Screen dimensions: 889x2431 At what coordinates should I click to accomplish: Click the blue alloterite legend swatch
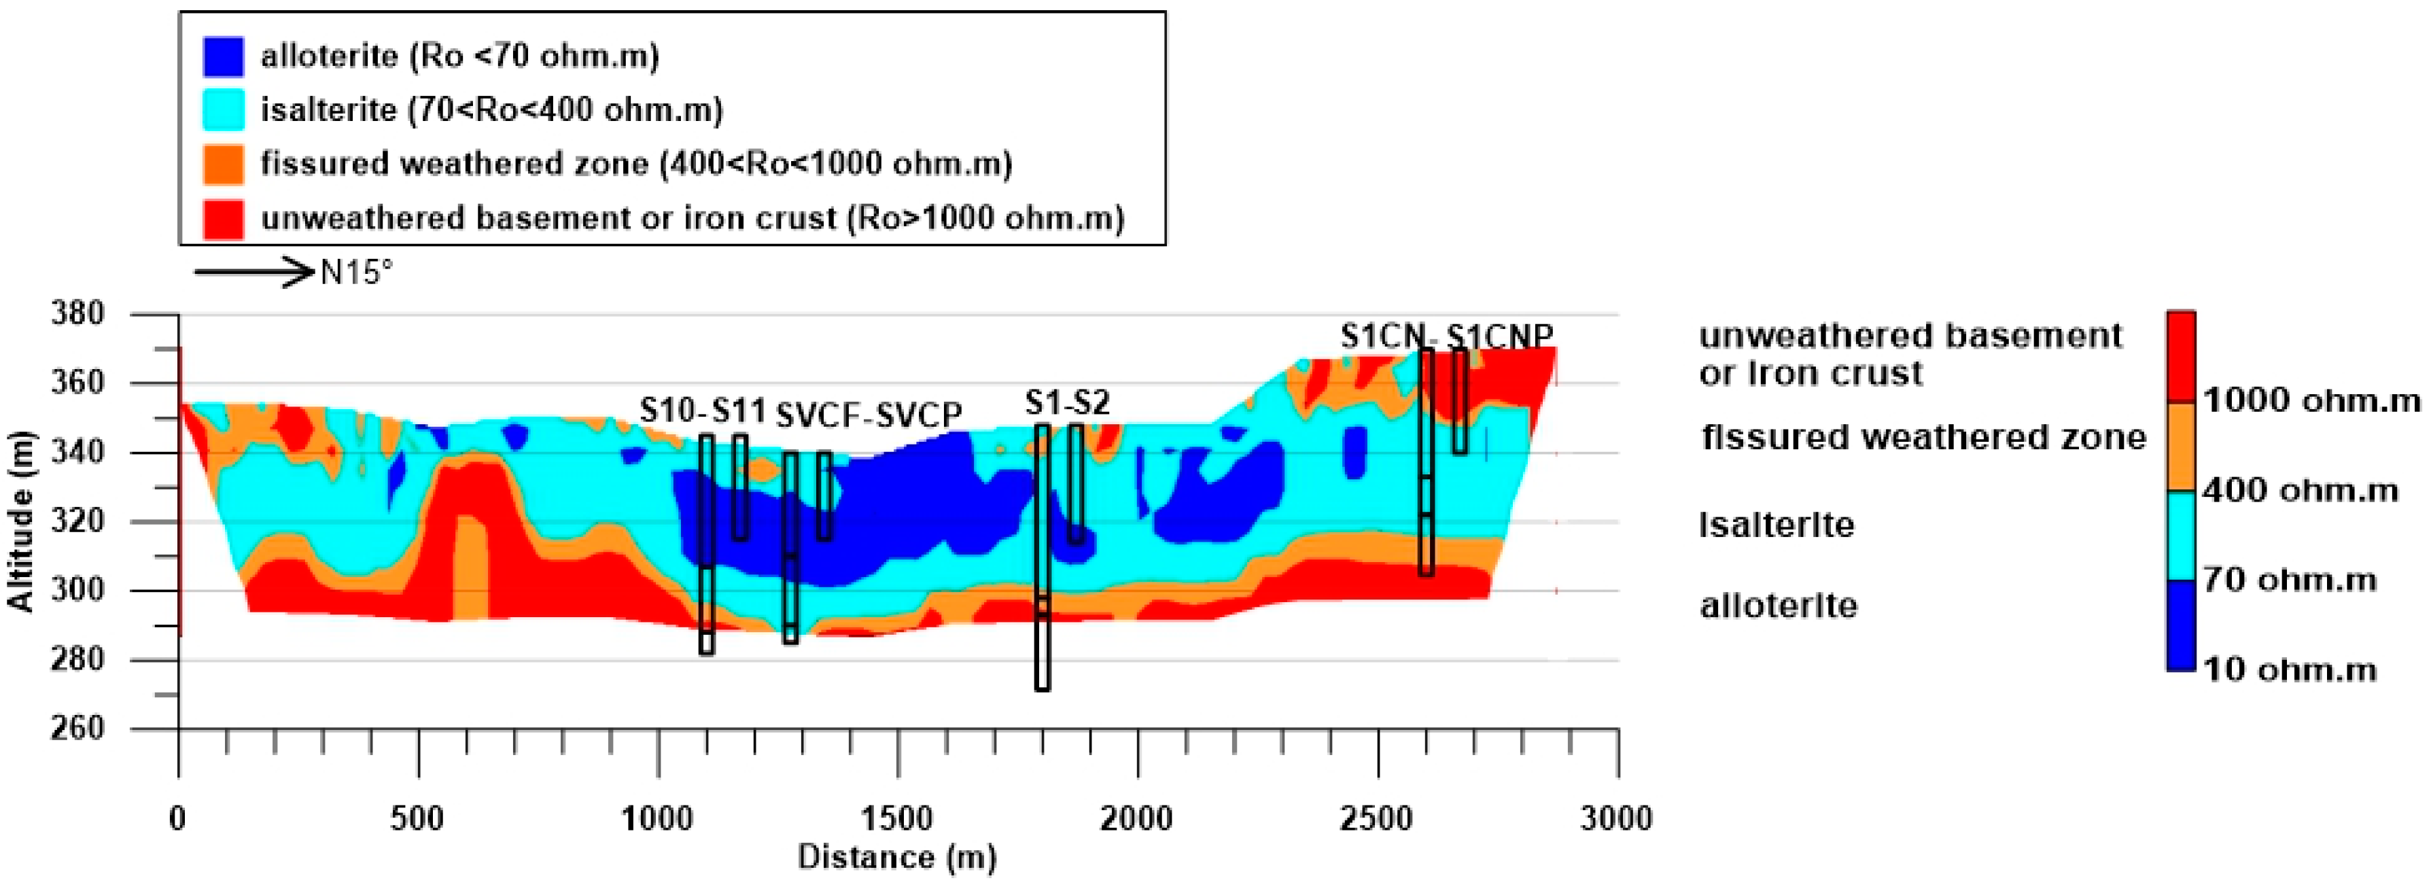click(x=223, y=56)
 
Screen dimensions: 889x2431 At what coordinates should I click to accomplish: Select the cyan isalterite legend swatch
click(x=223, y=109)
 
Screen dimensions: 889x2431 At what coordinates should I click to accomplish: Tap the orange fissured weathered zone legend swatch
click(x=223, y=164)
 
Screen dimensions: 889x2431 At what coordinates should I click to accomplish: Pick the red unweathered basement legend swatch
click(x=223, y=218)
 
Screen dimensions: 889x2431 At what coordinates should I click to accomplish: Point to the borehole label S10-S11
click(x=702, y=411)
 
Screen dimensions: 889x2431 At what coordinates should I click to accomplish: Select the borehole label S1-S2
click(x=1067, y=404)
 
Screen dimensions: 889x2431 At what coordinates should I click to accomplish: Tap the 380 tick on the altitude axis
click(x=77, y=313)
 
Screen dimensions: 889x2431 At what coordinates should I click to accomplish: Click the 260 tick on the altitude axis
click(x=77, y=728)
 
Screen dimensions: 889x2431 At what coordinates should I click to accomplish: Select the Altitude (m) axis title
click(x=21, y=521)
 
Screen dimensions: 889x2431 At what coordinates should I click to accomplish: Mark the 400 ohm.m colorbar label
click(x=2300, y=491)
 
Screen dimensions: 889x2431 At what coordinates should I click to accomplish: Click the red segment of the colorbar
click(x=2181, y=357)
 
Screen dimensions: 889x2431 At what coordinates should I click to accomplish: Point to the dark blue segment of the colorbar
click(x=2181, y=625)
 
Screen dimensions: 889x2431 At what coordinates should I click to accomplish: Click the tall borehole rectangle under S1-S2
click(x=1042, y=557)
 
